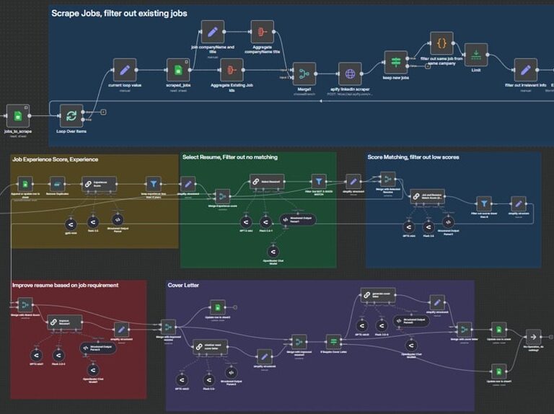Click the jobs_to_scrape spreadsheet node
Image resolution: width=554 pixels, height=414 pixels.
[x=17, y=115]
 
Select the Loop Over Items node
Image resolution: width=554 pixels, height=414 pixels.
[x=71, y=115]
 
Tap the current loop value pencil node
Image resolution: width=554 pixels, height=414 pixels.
[x=124, y=71]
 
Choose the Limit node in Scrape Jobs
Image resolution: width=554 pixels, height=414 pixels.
[x=476, y=55]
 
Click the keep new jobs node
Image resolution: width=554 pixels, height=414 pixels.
[x=396, y=62]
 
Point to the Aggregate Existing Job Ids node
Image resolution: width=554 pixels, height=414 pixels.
[x=232, y=71]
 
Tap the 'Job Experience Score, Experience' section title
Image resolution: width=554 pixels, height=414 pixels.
[x=55, y=159]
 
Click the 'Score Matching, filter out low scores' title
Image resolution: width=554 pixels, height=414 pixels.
[x=413, y=157]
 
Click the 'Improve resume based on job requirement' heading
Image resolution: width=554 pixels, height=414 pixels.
[x=66, y=285]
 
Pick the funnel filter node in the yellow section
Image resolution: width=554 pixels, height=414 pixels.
[x=152, y=184]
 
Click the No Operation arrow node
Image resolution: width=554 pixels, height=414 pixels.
[x=532, y=336]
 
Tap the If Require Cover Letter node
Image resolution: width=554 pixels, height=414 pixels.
[x=333, y=340]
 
